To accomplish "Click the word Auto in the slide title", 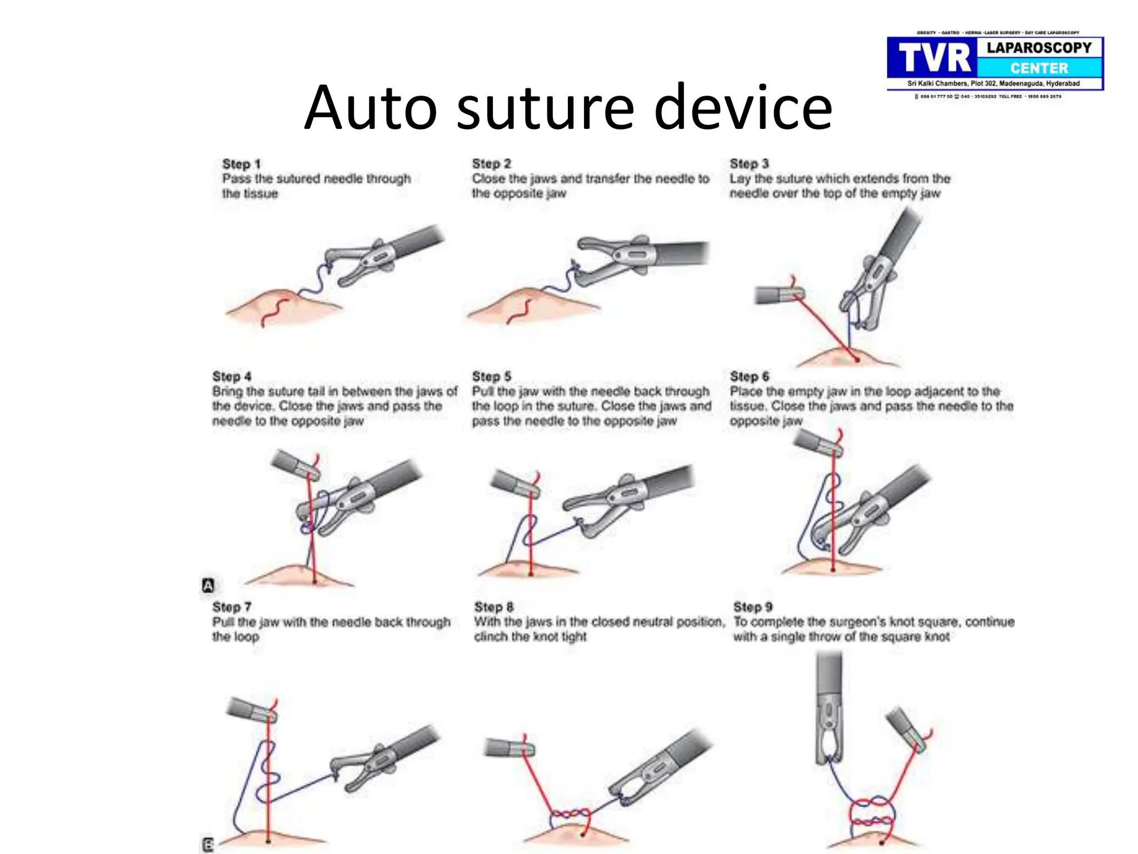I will click(371, 107).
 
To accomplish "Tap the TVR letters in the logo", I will click(934, 58).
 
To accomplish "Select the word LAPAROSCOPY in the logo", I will click(1039, 48).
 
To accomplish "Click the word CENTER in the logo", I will click(1039, 68).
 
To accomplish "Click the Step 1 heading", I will click(241, 164).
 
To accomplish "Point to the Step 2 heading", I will click(491, 163).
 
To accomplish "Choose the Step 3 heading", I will click(749, 163).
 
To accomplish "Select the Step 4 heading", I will click(232, 376).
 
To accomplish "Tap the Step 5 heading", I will click(491, 376).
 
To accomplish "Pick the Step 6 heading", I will click(749, 376).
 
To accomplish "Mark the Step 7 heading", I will click(232, 607).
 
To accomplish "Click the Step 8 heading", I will click(493, 607).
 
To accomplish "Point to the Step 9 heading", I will click(753, 607).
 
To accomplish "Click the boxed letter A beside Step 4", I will click(208, 585).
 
